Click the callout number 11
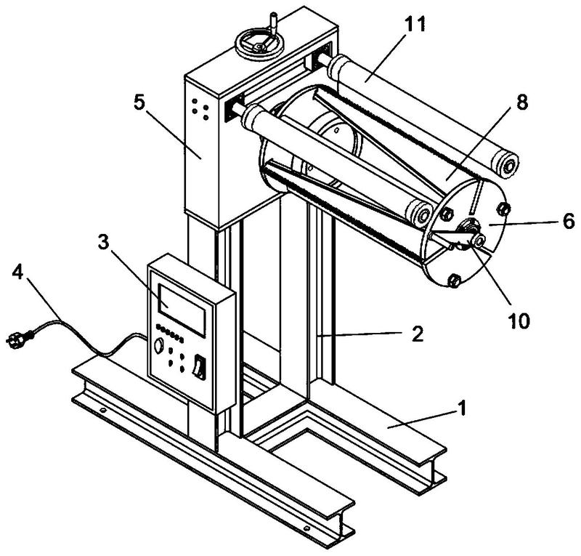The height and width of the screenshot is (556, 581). (415, 24)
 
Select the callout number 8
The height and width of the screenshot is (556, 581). (521, 102)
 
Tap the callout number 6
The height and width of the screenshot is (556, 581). (569, 221)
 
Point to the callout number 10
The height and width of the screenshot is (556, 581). (519, 321)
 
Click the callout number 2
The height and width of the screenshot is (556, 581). (418, 334)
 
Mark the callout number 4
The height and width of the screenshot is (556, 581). (17, 273)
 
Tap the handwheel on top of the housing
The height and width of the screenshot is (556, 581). (261, 45)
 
